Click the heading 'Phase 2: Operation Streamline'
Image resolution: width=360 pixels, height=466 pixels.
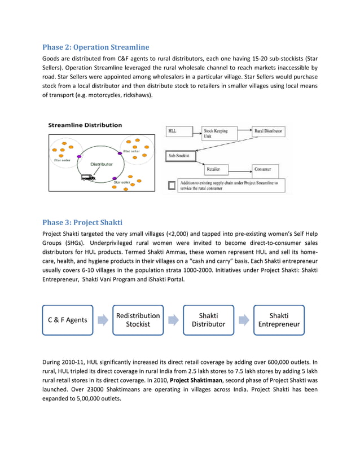pos(96,47)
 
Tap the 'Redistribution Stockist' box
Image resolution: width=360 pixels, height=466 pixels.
pos(138,320)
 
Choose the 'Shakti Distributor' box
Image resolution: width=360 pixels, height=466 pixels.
pos(209,320)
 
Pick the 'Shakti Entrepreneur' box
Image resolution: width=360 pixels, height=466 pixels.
pos(279,320)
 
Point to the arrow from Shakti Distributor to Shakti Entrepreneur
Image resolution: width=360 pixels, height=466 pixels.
pos(244,320)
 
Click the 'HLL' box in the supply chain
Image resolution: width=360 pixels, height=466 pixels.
pos(179,132)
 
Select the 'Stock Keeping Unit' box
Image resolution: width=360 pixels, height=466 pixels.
pos(218,133)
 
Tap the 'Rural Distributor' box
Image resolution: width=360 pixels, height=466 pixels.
pos(269,131)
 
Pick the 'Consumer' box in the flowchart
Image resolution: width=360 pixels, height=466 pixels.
pos(264,169)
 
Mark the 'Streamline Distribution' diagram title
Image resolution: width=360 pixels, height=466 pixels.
pos(85,125)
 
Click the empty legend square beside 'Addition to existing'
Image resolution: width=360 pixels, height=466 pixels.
pos(172,185)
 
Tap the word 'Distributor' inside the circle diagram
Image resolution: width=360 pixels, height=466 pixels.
pos(102,164)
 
